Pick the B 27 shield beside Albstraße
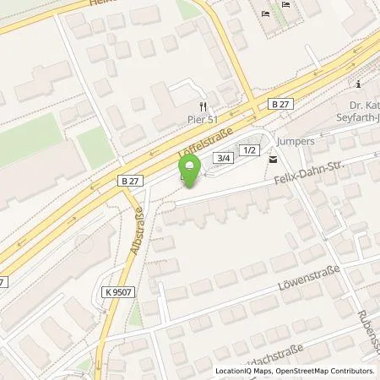(x=125, y=181)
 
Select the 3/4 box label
(x=223, y=157)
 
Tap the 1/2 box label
(x=248, y=149)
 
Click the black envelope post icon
(x=272, y=159)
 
